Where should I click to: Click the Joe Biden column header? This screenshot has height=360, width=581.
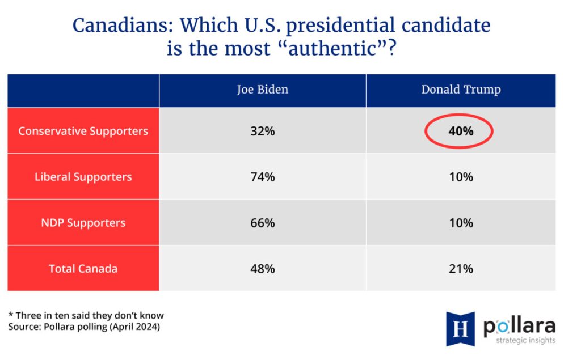pos(262,90)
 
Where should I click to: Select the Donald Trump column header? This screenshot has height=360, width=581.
pos(461,90)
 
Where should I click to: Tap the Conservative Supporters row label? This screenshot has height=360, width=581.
pos(83,131)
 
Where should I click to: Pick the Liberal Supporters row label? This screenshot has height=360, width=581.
pos(83,177)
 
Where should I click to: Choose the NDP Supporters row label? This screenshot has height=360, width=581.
pos(83,223)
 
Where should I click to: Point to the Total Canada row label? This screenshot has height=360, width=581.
pos(83,269)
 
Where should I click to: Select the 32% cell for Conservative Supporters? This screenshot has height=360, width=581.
pos(262,131)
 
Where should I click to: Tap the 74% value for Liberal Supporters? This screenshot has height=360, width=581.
pos(262,177)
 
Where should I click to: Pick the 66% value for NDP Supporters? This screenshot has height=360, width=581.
pos(262,223)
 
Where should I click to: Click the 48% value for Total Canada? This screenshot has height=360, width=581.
pos(262,269)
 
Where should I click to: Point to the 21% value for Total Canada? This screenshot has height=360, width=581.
pos(461,269)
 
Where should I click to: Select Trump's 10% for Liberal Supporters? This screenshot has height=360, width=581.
pos(461,177)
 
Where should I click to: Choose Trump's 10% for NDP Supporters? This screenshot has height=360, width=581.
pos(461,223)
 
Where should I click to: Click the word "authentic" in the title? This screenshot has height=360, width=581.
pos(332,49)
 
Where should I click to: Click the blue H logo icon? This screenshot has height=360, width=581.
pos(460,329)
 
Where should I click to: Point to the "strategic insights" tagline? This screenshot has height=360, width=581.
pos(526,340)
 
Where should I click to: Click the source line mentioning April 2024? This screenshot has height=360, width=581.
pos(84,327)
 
